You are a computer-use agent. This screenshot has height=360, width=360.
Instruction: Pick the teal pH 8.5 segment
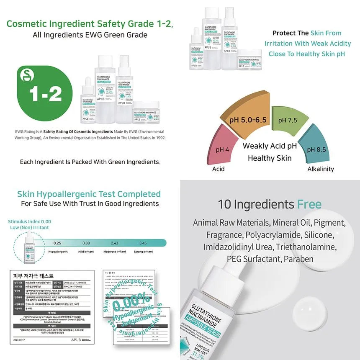317,148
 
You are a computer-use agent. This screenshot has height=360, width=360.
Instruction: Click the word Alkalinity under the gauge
321,169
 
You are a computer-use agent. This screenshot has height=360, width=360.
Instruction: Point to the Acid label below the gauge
218,169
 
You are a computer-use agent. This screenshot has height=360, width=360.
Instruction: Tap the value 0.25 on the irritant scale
57,243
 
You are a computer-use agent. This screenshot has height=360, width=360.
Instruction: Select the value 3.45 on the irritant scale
143,243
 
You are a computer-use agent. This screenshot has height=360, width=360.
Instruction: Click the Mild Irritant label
86,252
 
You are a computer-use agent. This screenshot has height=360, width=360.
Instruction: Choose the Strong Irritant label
143,252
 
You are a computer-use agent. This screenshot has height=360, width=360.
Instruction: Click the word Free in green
309,204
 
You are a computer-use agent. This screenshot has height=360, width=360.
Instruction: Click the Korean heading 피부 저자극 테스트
32,276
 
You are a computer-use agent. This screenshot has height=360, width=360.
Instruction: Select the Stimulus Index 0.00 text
29,221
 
